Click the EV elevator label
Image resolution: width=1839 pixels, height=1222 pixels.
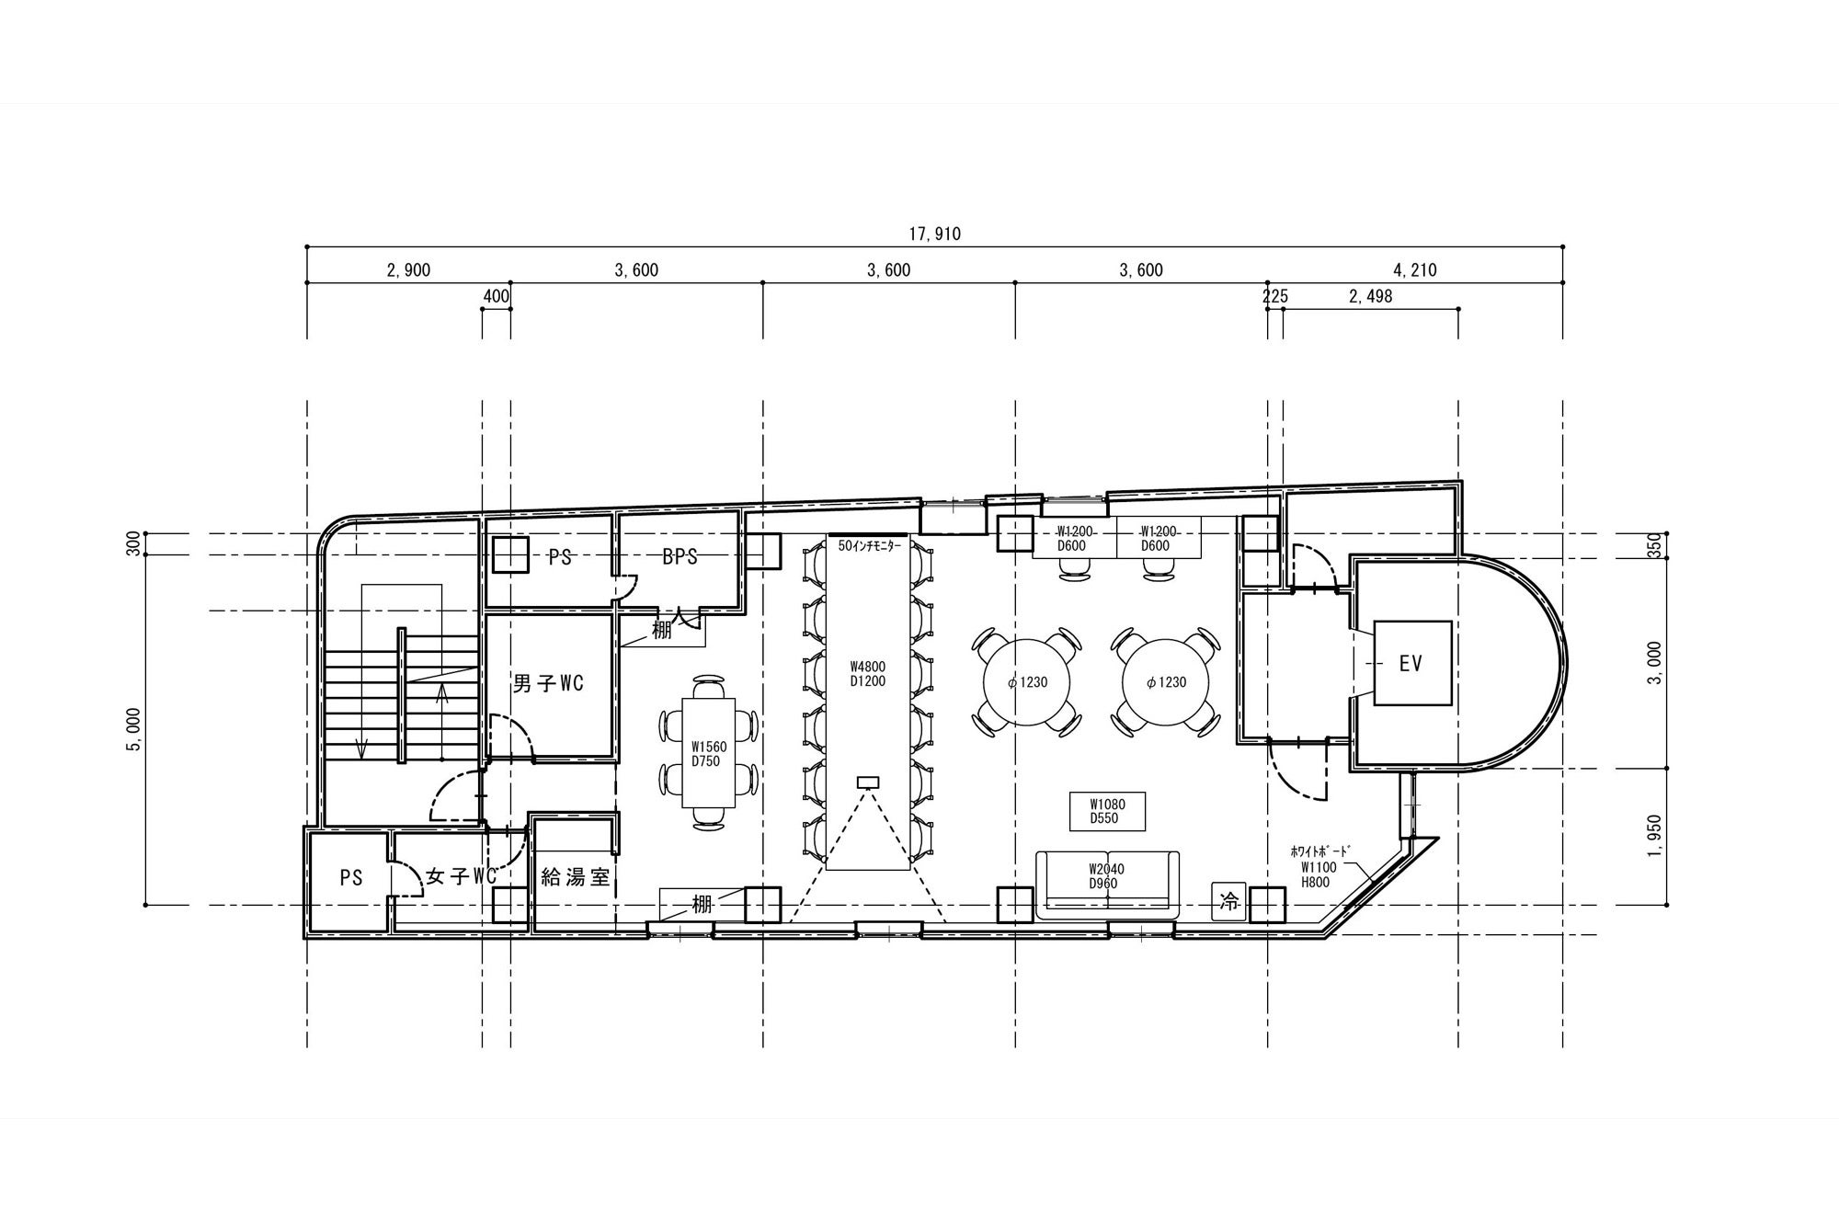1411,663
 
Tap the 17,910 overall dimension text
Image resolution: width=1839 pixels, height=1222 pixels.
934,234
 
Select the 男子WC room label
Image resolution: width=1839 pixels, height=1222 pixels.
548,683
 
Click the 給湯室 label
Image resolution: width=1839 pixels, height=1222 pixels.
576,877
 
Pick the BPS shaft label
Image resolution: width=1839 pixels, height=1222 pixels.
680,556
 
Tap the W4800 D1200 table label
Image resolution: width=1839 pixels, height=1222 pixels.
867,674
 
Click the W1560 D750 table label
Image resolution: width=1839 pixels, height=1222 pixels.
708,754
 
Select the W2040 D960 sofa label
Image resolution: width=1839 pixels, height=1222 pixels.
1106,876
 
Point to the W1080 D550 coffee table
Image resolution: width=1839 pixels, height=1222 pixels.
1106,811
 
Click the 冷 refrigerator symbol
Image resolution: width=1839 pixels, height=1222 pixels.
1228,902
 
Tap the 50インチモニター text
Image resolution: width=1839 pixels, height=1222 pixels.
869,545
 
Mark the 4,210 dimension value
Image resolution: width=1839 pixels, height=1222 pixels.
1415,270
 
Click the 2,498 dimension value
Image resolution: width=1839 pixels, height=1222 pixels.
1370,296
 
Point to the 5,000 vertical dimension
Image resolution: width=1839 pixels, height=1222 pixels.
134,729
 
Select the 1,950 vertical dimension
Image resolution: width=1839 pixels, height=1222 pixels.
1655,836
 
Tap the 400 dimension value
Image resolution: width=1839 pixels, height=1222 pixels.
496,296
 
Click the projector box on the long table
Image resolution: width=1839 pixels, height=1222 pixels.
868,782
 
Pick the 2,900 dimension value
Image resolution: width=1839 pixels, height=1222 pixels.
408,270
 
